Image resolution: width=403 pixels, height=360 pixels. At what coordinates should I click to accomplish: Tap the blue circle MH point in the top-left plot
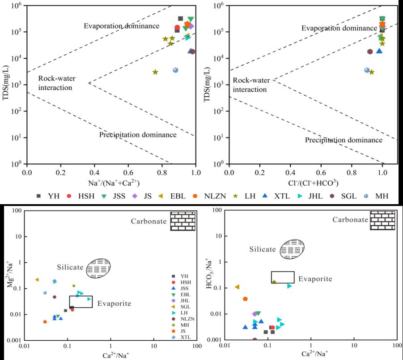pyautogui.click(x=176, y=70)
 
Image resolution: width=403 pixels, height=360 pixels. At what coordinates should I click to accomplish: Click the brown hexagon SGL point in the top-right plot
pyautogui.click(x=370, y=51)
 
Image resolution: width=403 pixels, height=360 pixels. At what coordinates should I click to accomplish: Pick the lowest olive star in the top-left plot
pyautogui.click(x=155, y=72)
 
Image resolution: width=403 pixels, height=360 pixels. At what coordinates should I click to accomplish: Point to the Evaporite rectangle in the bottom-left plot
pyautogui.click(x=81, y=301)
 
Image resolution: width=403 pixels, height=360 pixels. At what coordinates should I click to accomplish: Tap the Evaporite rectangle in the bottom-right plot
pyautogui.click(x=283, y=277)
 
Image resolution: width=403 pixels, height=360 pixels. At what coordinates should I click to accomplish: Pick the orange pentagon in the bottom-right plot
pyautogui.click(x=245, y=299)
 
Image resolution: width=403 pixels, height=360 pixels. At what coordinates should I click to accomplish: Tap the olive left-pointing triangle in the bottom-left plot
pyautogui.click(x=37, y=279)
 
